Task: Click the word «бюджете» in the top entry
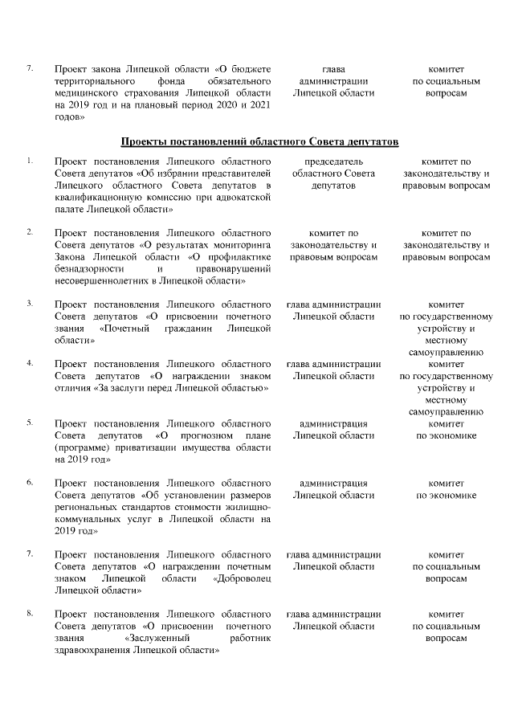tap(252, 69)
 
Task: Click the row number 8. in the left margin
tap(30, 615)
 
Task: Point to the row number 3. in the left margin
tap(30, 303)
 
